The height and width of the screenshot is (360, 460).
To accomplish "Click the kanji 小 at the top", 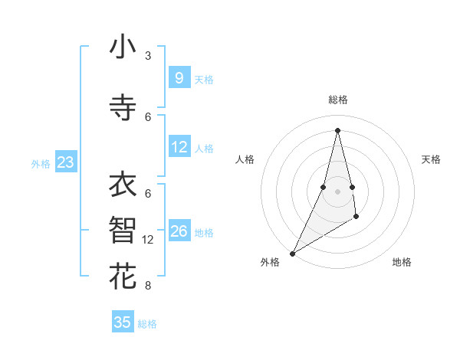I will tap(123, 47).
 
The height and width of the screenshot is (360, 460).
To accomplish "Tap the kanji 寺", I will tap(123, 108).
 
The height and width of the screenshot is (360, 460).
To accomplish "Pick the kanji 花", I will tap(123, 277).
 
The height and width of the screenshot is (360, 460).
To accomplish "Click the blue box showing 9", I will tap(179, 77).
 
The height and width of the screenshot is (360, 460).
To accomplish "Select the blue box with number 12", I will tap(179, 147).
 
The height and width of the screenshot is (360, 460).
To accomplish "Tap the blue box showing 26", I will tap(179, 231).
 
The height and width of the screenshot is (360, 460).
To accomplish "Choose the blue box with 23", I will tap(65, 162).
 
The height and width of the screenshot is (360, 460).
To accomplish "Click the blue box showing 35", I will tap(123, 322).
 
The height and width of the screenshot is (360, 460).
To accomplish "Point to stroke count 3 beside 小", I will tap(148, 56).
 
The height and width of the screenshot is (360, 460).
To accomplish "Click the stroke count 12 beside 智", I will tap(148, 240).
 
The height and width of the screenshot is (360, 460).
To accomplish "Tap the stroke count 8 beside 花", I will tap(148, 286).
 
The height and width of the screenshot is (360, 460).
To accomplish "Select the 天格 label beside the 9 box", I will tap(204, 80).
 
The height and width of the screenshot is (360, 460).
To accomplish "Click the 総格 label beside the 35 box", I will tap(147, 324).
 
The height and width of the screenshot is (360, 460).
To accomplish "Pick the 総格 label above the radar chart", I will tap(337, 100).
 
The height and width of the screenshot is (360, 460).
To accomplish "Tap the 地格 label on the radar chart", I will tap(402, 262).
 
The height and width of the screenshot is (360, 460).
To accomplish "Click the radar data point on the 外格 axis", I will tap(292, 253).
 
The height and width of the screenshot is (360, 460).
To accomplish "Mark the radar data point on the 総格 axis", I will tap(337, 130).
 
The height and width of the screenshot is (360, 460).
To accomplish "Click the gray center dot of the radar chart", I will tap(337, 191).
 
